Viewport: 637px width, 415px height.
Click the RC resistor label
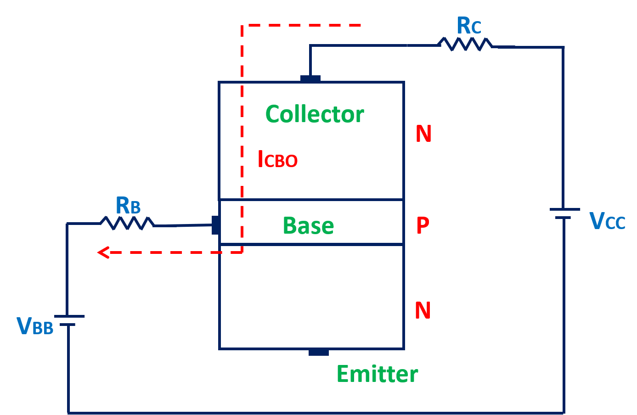468,26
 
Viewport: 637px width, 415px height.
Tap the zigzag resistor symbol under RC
465,44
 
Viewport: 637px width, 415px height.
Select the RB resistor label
128,206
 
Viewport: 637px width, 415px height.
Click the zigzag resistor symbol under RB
127,223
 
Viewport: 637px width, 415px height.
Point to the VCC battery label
607,221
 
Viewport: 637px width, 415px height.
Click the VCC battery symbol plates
564,213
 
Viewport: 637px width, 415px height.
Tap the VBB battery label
35,326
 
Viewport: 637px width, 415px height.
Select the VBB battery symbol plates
69,320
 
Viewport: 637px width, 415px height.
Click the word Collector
315,114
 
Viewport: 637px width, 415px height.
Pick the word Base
308,226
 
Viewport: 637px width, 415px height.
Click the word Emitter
377,374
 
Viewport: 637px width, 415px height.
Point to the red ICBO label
277,160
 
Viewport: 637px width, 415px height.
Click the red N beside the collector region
423,134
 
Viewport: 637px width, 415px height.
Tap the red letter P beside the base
423,225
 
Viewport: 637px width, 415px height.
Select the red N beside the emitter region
423,311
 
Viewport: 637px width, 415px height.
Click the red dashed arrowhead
103,252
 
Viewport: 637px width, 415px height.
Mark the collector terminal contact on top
310,79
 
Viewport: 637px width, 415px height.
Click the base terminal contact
215,225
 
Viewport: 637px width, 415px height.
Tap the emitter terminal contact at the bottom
318,352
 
